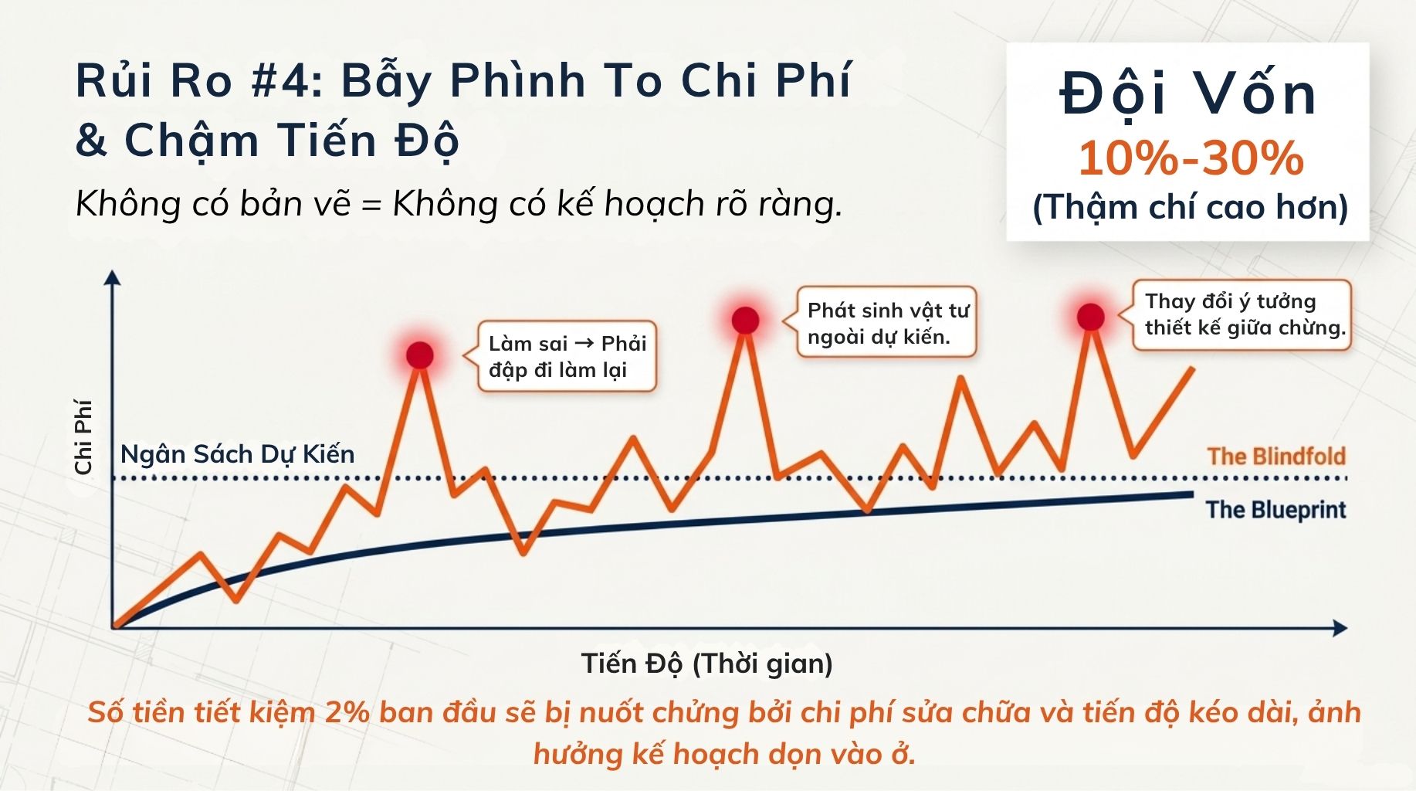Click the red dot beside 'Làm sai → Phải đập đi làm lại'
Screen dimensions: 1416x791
[x=420, y=355]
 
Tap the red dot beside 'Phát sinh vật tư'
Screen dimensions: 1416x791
[x=745, y=320]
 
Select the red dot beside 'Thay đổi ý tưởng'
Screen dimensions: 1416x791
[x=1090, y=317]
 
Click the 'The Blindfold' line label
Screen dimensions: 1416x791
[x=1276, y=457]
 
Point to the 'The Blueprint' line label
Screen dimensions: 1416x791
[x=1276, y=510]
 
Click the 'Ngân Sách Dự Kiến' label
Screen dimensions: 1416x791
[x=238, y=454]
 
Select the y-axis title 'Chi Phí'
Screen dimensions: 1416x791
[x=83, y=436]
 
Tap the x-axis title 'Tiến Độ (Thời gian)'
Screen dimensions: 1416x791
[x=706, y=664]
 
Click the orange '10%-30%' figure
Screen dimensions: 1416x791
[x=1191, y=158]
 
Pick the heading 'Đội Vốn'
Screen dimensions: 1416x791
[x=1188, y=94]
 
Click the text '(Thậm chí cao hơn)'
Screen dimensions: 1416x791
[x=1190, y=207]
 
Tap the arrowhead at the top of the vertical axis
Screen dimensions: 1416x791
[x=113, y=277]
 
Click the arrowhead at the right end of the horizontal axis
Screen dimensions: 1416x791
[x=1340, y=628]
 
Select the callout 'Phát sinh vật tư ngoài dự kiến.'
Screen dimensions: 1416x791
[x=886, y=322]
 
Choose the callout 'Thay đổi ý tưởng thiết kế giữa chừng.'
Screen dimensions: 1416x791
[x=1242, y=315]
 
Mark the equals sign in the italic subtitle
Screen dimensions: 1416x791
[x=371, y=206]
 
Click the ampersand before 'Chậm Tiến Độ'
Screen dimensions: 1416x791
[x=91, y=141]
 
